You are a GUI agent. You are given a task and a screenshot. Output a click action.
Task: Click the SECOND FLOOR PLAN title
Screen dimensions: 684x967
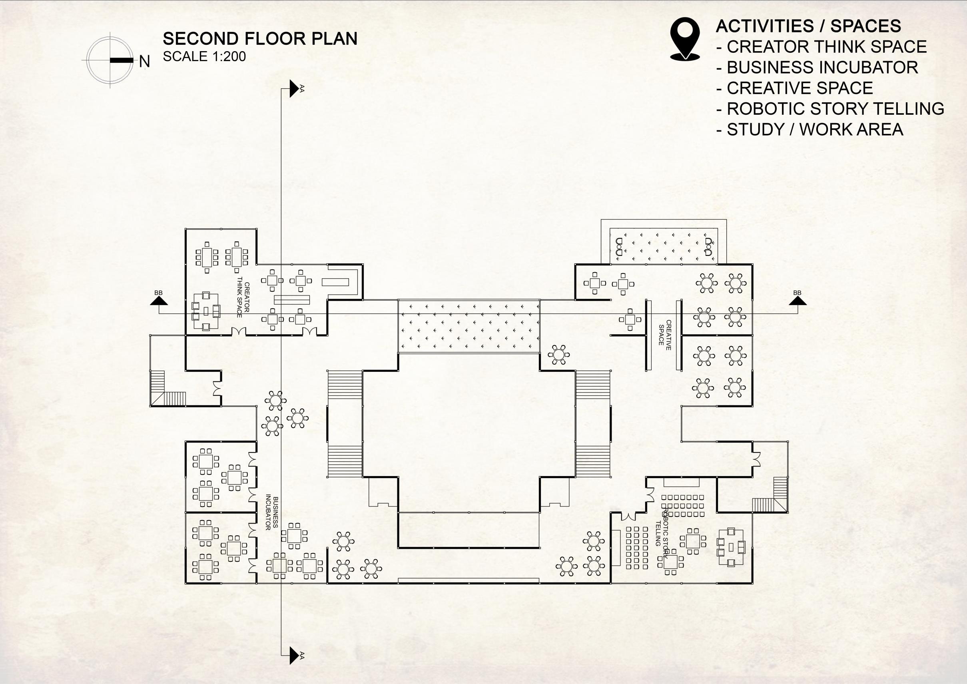tap(260, 39)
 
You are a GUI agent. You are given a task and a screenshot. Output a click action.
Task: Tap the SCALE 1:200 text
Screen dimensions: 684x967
tap(204, 56)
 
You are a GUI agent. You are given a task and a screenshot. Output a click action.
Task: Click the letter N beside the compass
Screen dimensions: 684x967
tap(144, 62)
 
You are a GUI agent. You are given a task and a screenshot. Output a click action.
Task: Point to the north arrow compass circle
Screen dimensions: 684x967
tap(110, 60)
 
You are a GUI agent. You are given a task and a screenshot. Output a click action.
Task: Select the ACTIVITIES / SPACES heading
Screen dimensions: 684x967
tap(808, 26)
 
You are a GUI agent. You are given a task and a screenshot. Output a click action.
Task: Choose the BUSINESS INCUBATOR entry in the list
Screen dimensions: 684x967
tap(822, 68)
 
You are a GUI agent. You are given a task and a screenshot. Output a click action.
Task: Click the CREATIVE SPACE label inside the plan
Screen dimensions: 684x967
tap(665, 335)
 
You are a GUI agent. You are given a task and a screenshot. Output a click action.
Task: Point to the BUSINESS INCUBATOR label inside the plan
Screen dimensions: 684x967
tap(272, 513)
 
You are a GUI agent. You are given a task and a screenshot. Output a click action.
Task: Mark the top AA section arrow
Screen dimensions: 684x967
tap(294, 88)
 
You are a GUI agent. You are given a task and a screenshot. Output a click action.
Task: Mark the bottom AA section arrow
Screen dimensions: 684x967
tap(294, 655)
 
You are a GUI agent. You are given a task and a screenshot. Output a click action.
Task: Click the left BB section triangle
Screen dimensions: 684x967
tap(159, 301)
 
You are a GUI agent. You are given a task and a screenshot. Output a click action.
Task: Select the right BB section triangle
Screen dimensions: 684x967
tap(798, 301)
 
